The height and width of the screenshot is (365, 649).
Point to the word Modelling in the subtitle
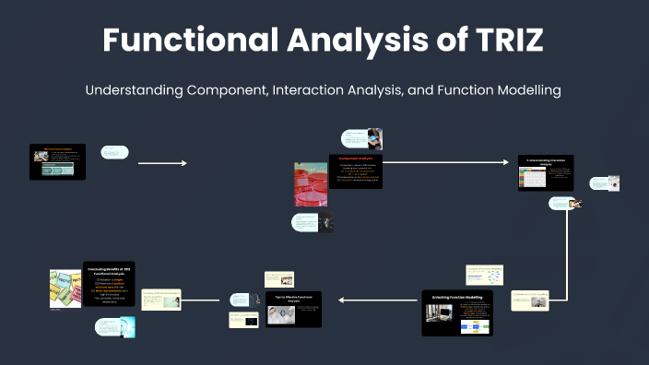coord(520,90)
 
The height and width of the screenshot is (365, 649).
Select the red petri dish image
coord(311,183)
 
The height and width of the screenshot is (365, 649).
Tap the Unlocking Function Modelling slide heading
coord(457,298)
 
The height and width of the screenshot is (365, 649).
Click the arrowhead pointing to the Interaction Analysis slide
coord(504,162)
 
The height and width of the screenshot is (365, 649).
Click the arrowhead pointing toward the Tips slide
coord(341,300)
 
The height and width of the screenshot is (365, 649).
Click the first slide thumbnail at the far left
coord(57,161)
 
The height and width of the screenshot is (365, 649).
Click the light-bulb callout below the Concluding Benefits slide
coord(115,327)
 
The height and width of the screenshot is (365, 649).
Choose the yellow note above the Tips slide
coord(279,278)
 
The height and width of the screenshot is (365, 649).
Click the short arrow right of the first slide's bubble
coord(162,163)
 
